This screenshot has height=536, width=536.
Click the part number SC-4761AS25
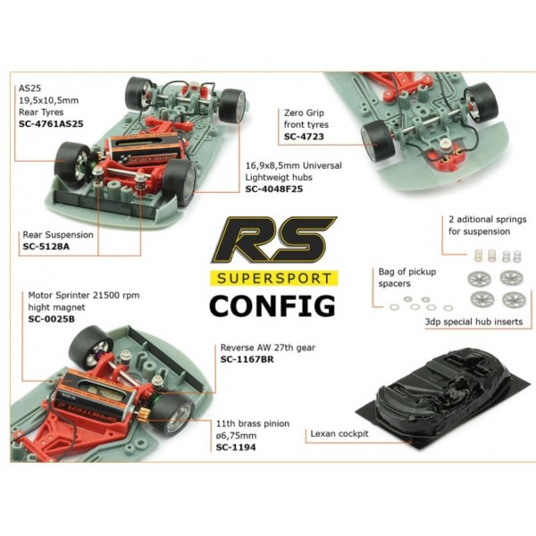[x=51, y=124]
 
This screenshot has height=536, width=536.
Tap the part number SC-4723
[x=304, y=137]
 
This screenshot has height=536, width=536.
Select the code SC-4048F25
[x=274, y=189]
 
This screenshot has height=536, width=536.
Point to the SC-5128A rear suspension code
[x=46, y=247]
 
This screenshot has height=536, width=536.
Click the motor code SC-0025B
[x=51, y=319]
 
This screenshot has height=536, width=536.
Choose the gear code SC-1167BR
[x=247, y=359]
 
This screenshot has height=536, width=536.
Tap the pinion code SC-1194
[x=236, y=448]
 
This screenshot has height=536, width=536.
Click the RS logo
[x=273, y=240]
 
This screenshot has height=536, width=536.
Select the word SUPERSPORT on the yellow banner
[x=274, y=278]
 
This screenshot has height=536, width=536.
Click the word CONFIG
[x=272, y=306]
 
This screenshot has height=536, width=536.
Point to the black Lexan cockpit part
[x=443, y=396]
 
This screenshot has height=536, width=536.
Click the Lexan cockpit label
[x=339, y=434]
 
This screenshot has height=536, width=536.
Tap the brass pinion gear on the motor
[x=143, y=418]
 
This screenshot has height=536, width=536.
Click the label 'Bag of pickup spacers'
[x=407, y=278]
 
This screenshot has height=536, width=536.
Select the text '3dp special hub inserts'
[x=473, y=322]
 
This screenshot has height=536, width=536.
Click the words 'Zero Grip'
[x=304, y=113]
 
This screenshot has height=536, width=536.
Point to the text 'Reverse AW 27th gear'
[x=268, y=348]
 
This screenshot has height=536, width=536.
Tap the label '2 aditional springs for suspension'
[x=488, y=225]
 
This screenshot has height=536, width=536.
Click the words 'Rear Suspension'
[x=58, y=235]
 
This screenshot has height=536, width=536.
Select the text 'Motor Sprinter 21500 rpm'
[x=84, y=296]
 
